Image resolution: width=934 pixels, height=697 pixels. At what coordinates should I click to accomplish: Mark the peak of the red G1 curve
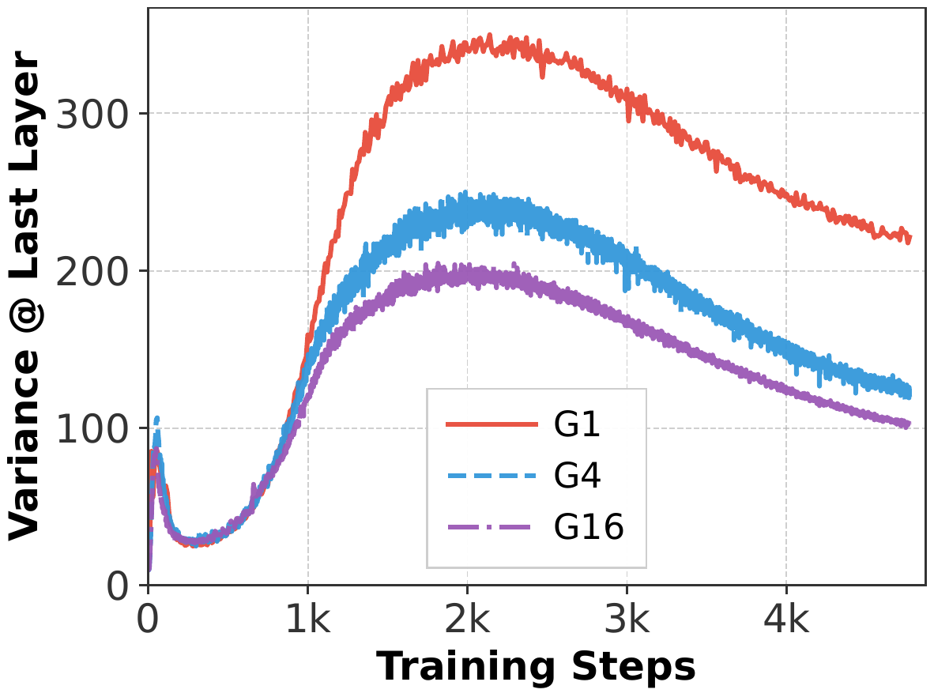coord(490,36)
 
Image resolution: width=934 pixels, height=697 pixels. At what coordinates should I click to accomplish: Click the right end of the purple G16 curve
coord(909,424)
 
